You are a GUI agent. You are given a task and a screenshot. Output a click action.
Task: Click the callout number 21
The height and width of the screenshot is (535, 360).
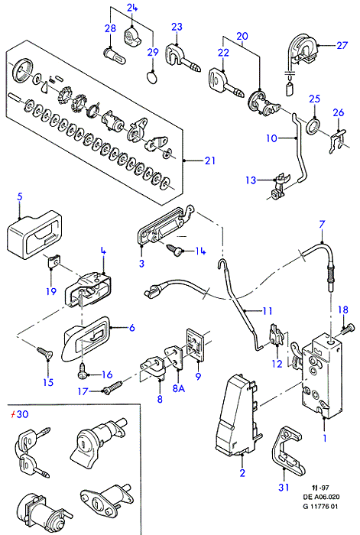click(210, 160)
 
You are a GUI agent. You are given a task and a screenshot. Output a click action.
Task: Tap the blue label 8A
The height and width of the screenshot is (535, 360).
click(178, 388)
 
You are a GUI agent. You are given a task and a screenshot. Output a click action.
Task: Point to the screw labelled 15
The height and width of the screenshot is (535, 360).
click(44, 352)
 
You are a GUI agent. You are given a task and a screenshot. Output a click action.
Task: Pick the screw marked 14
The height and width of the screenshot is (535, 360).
click(175, 249)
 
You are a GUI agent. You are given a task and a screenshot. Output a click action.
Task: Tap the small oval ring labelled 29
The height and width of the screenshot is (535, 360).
click(152, 76)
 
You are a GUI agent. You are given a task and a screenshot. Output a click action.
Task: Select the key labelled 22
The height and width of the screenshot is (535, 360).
click(225, 83)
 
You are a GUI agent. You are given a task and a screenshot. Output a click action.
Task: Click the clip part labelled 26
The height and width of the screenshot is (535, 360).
click(338, 141)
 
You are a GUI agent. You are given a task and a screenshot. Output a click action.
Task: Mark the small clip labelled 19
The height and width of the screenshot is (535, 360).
click(52, 262)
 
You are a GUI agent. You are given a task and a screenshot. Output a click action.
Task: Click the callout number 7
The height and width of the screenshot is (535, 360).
click(322, 225)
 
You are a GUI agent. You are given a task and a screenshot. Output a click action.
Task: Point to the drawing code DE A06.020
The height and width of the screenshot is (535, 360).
click(321, 497)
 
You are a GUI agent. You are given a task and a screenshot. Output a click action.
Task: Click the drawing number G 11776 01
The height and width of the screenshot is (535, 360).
click(320, 506)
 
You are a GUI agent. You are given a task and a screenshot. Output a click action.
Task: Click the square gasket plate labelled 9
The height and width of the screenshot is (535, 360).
click(195, 343)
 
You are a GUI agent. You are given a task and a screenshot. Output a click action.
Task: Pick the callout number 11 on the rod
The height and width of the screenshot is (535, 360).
click(268, 311)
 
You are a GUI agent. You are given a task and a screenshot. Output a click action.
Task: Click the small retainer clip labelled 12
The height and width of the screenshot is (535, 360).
click(277, 335)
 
